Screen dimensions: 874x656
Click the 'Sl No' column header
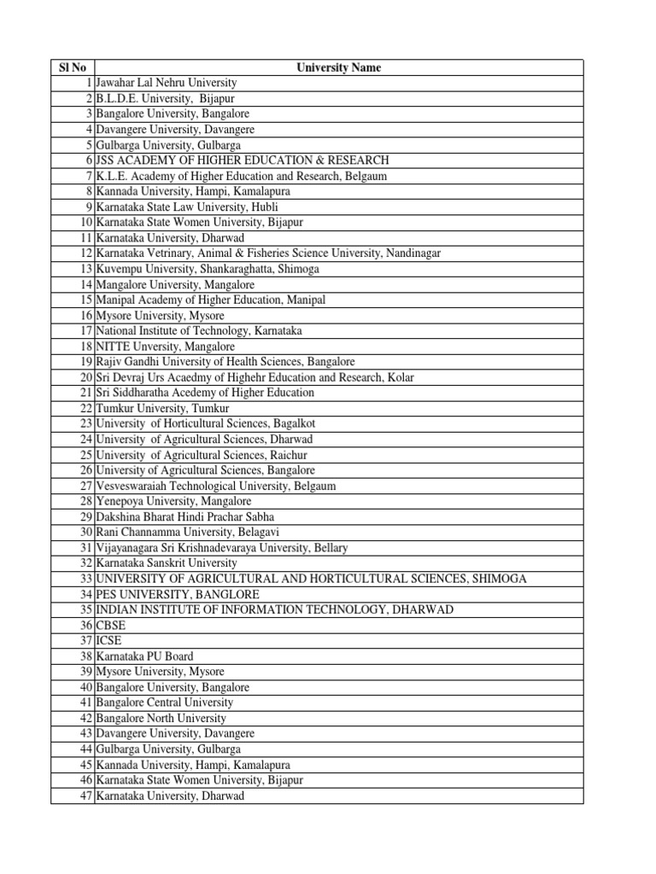click(x=73, y=67)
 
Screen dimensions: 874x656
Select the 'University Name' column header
click(x=338, y=67)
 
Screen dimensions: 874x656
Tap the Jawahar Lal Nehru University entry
click(x=167, y=83)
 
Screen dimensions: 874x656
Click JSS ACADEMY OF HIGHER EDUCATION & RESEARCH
click(x=243, y=160)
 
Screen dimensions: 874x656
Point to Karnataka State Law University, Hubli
click(x=187, y=207)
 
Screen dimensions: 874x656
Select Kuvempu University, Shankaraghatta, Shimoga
click(x=208, y=269)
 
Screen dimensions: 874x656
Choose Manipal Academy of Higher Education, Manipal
click(x=210, y=300)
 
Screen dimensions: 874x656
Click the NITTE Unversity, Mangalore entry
click(x=165, y=347)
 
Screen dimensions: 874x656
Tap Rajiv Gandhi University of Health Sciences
click(x=225, y=362)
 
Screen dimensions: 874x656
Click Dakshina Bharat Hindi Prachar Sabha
click(x=185, y=516)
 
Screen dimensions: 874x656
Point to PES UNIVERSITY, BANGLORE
click(x=177, y=594)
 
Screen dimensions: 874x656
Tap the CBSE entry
click(x=110, y=626)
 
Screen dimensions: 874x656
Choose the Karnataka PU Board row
click(x=144, y=656)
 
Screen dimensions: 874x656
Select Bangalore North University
click(x=161, y=719)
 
